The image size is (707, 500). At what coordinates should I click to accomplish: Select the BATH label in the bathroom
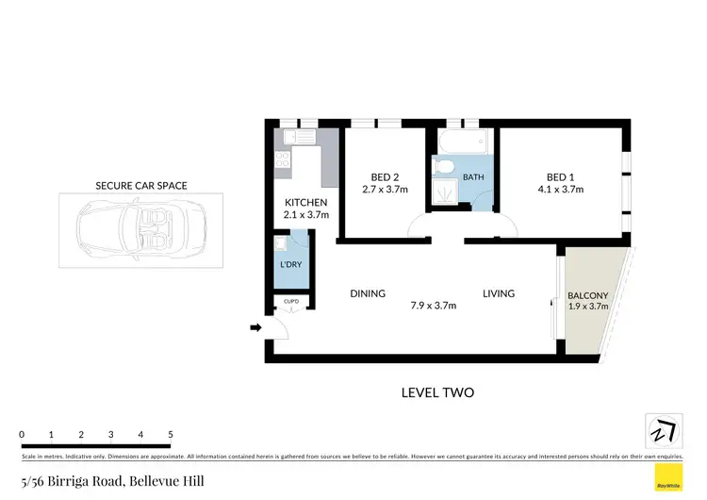coord(473,176)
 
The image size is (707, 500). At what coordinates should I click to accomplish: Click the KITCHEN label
coord(306,203)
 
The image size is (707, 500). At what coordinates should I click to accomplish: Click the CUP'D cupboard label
coord(291,302)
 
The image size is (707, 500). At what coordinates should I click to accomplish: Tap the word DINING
coord(368,293)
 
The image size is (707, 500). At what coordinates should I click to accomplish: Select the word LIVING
coord(499,293)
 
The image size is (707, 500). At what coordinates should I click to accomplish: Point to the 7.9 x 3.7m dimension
coord(434,306)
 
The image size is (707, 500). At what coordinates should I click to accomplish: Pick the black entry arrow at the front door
coord(255,328)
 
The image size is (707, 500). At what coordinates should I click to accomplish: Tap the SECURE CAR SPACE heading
coord(141,186)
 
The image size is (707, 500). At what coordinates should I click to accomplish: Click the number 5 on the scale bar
coord(171,434)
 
